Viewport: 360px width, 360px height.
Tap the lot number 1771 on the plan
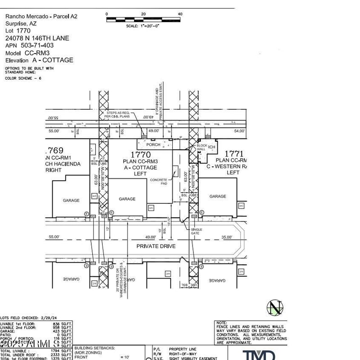coord(234,154)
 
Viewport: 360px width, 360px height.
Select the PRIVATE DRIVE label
coord(156,246)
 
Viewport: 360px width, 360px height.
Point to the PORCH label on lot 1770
coord(153,145)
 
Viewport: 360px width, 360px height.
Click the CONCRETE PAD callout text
coord(158,182)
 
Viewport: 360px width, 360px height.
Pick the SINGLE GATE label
coord(197,231)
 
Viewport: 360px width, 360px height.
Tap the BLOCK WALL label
coord(202,148)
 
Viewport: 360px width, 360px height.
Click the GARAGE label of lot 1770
coord(127,199)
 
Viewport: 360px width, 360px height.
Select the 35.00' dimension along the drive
coord(226,237)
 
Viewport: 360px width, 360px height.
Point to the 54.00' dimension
coord(239,131)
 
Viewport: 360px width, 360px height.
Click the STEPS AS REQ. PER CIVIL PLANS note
coord(117,114)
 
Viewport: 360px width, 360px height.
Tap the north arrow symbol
coord(275,308)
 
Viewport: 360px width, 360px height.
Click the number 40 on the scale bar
coord(180,14)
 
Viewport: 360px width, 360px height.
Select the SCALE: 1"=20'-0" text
coord(143,26)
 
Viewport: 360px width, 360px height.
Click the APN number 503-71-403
coord(36,45)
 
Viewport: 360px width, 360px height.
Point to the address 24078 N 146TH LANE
coord(37,38)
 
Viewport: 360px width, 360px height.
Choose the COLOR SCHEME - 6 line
coord(23,78)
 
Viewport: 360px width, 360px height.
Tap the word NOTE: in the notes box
coord(221,323)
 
